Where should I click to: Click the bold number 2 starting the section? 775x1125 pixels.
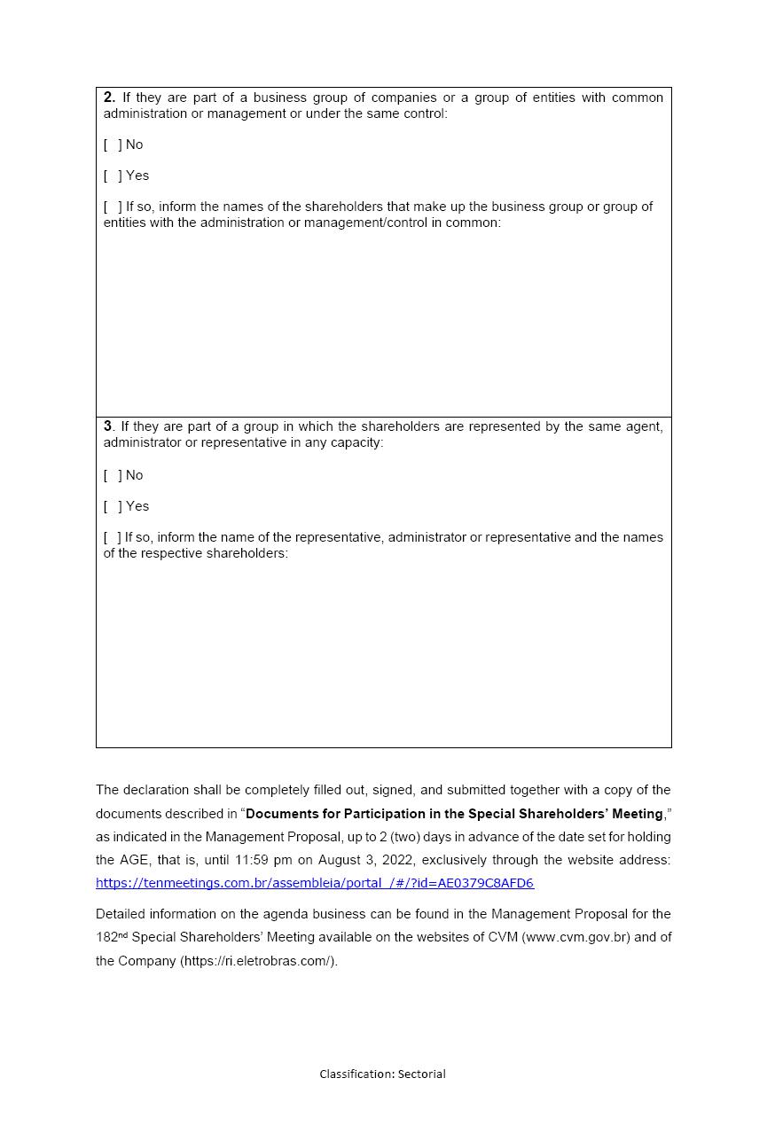pos(109,98)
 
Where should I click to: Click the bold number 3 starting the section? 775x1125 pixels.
pos(108,426)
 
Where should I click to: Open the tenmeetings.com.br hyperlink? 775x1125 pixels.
pos(315,883)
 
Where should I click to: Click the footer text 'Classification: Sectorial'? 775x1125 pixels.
pos(382,1074)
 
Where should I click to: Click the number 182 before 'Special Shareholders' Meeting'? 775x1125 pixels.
pos(106,937)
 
